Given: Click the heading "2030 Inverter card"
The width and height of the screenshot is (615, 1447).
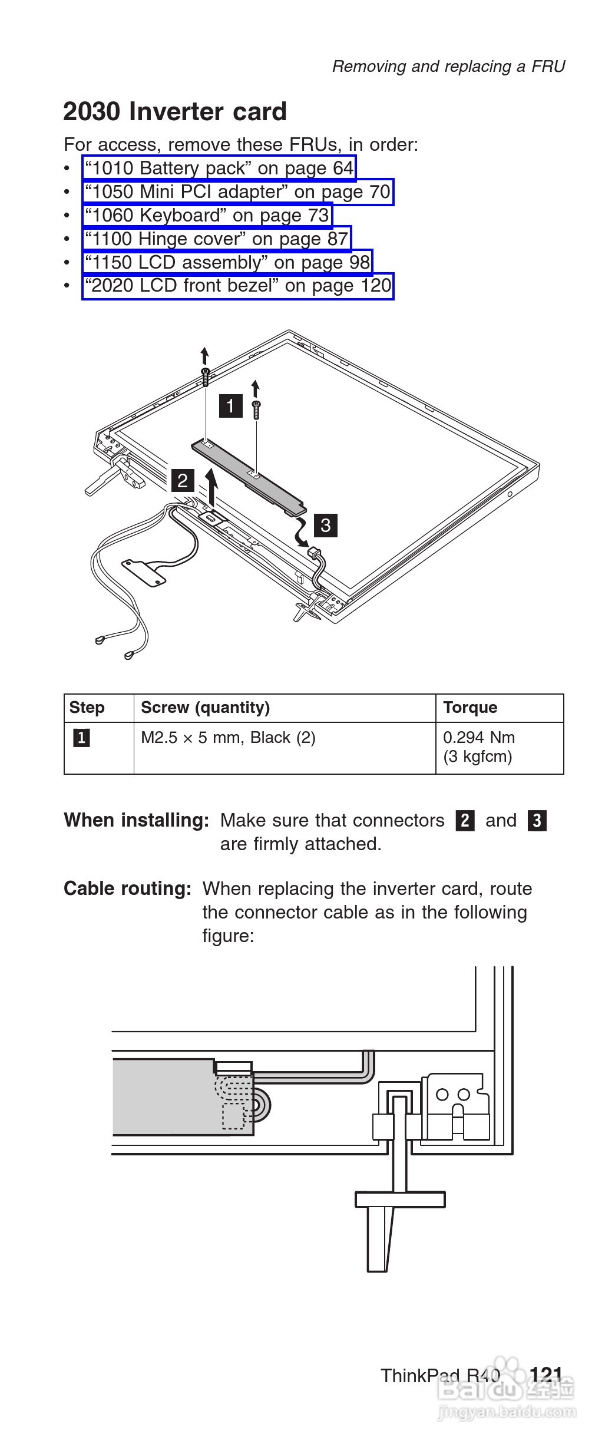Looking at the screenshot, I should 175,112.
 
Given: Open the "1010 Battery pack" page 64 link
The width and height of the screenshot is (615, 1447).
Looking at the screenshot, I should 219,169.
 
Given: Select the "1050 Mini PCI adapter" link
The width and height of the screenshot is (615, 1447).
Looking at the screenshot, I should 237,192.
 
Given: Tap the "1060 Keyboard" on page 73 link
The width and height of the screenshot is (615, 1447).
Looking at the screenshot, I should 207,216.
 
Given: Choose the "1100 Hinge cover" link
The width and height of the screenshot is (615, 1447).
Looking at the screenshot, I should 216,239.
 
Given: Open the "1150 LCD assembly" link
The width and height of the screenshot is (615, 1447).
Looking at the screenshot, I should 227,263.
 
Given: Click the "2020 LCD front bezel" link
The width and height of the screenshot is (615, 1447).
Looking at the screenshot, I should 237,286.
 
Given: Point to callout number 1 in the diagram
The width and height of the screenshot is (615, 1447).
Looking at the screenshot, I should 230,406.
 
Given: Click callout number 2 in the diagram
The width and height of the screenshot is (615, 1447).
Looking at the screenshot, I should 182,481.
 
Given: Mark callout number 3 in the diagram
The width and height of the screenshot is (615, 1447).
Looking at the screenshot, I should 326,524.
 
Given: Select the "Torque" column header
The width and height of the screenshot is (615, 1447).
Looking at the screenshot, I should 470,708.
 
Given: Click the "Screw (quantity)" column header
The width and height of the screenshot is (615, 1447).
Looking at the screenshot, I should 205,708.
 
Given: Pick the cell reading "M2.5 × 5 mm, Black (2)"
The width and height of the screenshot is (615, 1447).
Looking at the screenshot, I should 228,738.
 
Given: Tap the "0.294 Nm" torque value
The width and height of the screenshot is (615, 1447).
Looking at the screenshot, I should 479,738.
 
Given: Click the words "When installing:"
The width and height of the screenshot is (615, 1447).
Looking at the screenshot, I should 136,820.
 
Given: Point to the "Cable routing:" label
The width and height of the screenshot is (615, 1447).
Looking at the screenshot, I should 127,888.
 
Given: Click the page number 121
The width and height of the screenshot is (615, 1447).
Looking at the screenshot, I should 546,1376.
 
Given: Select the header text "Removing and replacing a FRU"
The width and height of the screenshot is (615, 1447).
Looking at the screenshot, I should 448,67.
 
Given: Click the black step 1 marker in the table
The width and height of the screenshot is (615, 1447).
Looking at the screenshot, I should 81,738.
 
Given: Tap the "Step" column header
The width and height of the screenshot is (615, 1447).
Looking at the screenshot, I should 87,708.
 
